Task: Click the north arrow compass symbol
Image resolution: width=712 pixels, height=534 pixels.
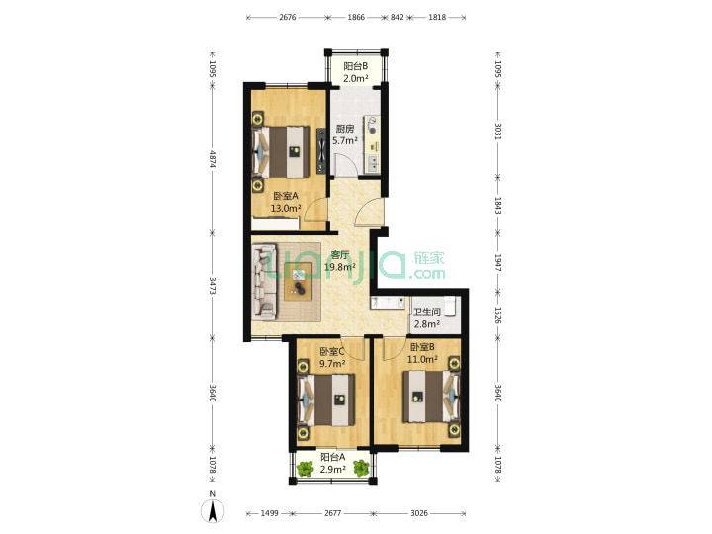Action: click(x=212, y=507)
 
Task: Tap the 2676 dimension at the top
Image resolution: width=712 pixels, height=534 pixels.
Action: click(x=288, y=17)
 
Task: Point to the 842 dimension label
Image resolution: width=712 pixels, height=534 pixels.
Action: click(x=398, y=17)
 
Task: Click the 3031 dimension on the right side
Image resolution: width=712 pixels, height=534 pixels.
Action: click(x=498, y=132)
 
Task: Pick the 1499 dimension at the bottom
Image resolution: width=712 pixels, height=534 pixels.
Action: click(x=269, y=513)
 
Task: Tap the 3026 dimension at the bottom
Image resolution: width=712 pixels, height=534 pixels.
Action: click(x=419, y=513)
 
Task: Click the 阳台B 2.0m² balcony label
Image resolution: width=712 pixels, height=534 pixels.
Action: click(x=356, y=72)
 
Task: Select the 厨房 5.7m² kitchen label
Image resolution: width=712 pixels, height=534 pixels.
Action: click(x=345, y=134)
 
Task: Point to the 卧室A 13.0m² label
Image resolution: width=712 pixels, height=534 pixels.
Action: click(x=286, y=202)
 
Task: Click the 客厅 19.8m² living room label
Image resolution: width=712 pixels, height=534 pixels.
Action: click(x=340, y=261)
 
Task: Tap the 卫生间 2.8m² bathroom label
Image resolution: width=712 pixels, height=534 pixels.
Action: click(x=427, y=318)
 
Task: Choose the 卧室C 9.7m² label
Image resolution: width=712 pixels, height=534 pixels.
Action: click(x=332, y=357)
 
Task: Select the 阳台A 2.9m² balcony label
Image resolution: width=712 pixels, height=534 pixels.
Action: click(x=333, y=463)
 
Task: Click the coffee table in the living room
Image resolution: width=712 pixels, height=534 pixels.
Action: click(x=299, y=282)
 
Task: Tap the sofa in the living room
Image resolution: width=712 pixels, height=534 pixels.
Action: click(x=264, y=280)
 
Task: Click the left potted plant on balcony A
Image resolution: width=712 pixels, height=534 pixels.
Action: click(x=306, y=468)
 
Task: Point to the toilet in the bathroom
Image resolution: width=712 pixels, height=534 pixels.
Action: click(x=451, y=306)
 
